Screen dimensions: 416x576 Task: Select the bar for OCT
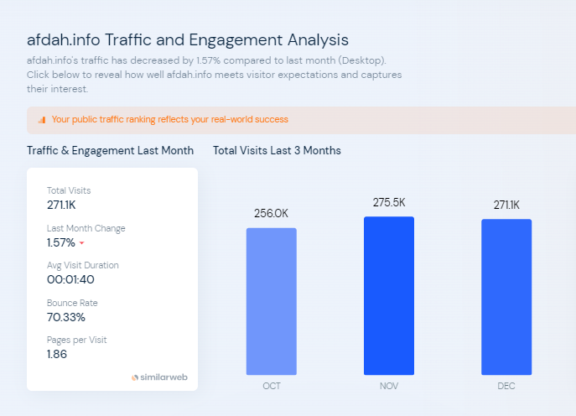click(x=271, y=301)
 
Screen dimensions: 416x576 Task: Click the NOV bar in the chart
click(x=388, y=295)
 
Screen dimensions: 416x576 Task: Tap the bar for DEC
click(x=506, y=297)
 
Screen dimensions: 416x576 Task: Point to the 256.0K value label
click(x=271, y=214)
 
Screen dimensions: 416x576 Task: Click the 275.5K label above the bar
click(x=389, y=203)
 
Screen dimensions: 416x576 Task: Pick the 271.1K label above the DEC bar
click(x=506, y=205)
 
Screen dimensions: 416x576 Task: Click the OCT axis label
click(x=271, y=386)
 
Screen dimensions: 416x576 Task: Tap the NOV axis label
click(x=388, y=386)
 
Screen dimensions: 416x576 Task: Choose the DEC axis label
click(x=506, y=386)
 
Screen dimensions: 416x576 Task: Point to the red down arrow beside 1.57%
click(x=82, y=243)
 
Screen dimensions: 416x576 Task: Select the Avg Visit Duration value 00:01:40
click(x=70, y=279)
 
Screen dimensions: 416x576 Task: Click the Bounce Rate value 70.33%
click(x=66, y=317)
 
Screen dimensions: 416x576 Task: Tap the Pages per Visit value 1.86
click(x=57, y=354)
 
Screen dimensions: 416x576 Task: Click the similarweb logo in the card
click(x=159, y=377)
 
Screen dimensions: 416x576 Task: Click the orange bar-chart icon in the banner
click(x=42, y=120)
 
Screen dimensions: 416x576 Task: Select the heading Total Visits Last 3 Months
click(x=277, y=151)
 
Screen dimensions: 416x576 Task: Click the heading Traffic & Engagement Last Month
click(x=110, y=151)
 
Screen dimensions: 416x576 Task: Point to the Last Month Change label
click(x=86, y=228)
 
